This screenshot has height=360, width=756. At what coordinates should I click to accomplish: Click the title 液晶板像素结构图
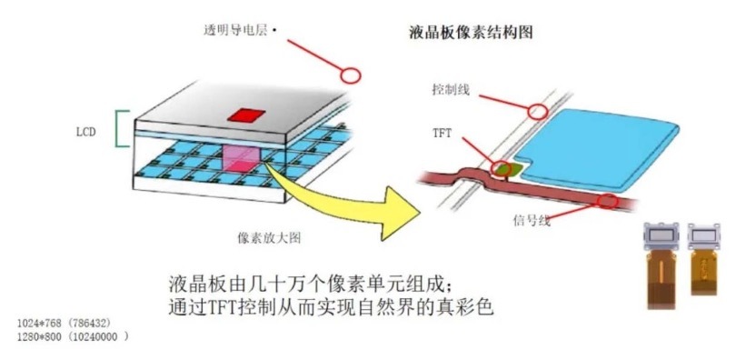tap(471, 34)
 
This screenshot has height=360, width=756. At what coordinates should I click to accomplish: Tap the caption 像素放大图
tap(269, 238)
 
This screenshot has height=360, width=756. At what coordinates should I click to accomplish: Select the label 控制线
tap(452, 91)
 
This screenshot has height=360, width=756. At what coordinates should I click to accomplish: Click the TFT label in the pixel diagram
tap(443, 134)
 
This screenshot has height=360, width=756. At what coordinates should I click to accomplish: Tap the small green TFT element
tap(504, 167)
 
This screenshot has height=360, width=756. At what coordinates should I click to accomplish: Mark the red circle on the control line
tap(538, 112)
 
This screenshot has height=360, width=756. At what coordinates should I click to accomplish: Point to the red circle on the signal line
tap(608, 201)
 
